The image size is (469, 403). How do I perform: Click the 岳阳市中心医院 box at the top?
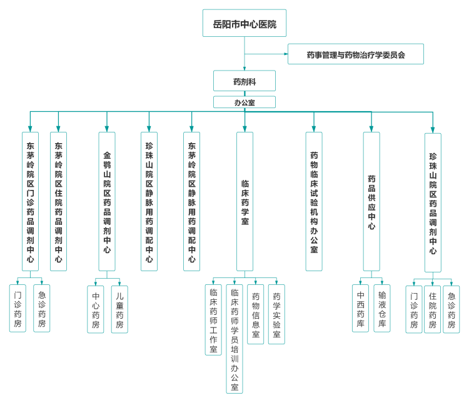245,23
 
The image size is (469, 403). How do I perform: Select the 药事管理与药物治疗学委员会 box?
356,54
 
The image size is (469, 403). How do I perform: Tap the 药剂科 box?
245,81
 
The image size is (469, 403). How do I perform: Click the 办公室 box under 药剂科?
245,102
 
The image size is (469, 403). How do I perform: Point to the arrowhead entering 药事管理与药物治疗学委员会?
286,54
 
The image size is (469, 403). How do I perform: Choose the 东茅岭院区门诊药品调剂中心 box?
30,201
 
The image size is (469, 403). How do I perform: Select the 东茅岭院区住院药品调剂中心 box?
58,201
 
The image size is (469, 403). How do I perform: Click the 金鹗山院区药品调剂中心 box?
107,201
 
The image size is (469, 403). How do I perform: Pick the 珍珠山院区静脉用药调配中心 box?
149,201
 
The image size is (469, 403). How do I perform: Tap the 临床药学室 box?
245,201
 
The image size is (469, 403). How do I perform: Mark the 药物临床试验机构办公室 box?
314,201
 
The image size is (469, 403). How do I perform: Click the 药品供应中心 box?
371,201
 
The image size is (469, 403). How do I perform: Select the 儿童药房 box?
119,309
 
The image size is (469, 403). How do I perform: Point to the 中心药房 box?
96,309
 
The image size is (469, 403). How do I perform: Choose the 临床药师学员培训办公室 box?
234,339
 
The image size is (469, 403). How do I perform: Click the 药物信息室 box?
255,314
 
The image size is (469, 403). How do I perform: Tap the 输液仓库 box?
382,308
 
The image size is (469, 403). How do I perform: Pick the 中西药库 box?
360,308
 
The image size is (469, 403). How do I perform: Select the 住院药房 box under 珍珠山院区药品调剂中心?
432,309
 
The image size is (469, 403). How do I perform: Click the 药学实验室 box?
276,314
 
